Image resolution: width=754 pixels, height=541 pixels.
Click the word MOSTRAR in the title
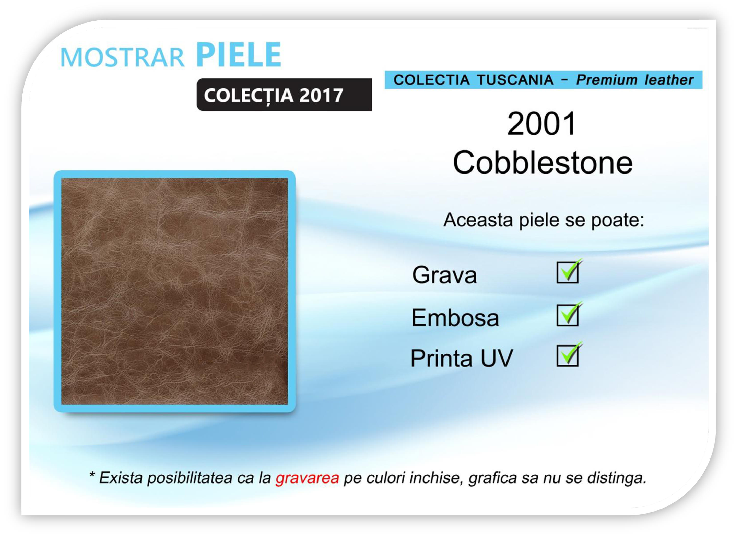pos(122,57)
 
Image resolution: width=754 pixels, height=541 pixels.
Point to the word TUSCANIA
pos(515,80)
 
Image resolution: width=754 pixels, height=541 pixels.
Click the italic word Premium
pos(607,80)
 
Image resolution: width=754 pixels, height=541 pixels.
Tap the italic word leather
pos(669,80)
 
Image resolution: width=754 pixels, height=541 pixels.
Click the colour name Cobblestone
pos(542,162)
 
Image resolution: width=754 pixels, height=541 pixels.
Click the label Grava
pos(444,275)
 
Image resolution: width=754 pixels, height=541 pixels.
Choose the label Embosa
pos(455,317)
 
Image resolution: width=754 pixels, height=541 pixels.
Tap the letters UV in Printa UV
pos(497,358)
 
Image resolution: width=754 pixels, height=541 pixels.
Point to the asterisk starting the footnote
pos(92,474)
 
